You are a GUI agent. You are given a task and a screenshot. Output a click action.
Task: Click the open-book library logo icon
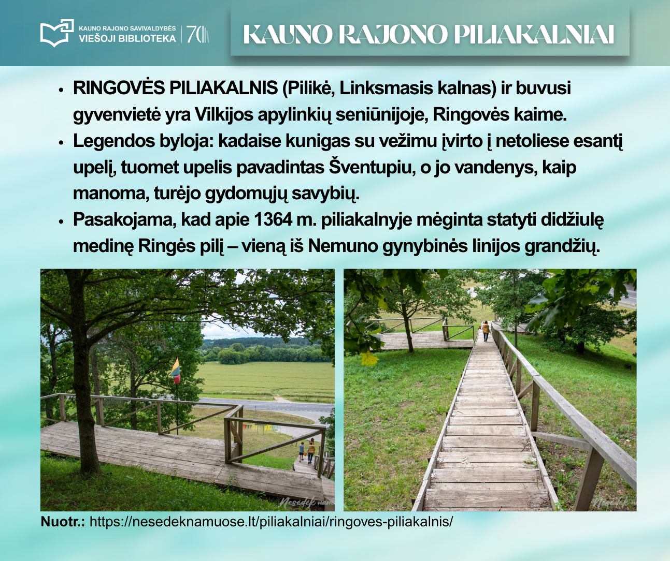(57, 33)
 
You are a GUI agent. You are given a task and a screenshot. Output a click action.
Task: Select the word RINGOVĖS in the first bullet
(119, 88)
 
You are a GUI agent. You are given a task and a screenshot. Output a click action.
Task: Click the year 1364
(273, 219)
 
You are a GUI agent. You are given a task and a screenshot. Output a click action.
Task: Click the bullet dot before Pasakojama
(62, 222)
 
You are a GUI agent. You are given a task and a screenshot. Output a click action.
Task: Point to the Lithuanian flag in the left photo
(175, 371)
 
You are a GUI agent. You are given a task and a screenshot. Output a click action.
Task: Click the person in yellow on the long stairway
(486, 331)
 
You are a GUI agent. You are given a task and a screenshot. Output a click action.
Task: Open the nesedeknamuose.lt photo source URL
(271, 522)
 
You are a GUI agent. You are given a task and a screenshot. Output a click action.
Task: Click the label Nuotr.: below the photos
(63, 522)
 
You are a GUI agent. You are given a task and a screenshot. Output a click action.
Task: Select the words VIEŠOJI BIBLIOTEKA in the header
(127, 38)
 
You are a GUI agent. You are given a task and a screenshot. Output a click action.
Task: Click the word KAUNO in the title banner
(287, 34)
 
